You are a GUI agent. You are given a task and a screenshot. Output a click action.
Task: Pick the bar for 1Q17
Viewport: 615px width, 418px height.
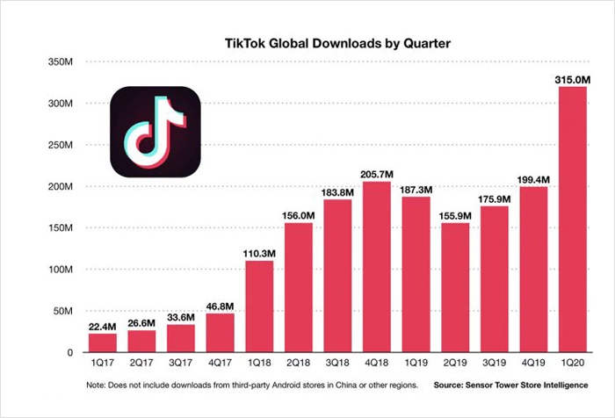point(102,342)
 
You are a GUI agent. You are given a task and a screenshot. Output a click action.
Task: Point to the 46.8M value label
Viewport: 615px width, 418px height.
point(221,304)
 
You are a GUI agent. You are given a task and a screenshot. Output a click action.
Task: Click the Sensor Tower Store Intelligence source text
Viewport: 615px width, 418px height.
point(527,386)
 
